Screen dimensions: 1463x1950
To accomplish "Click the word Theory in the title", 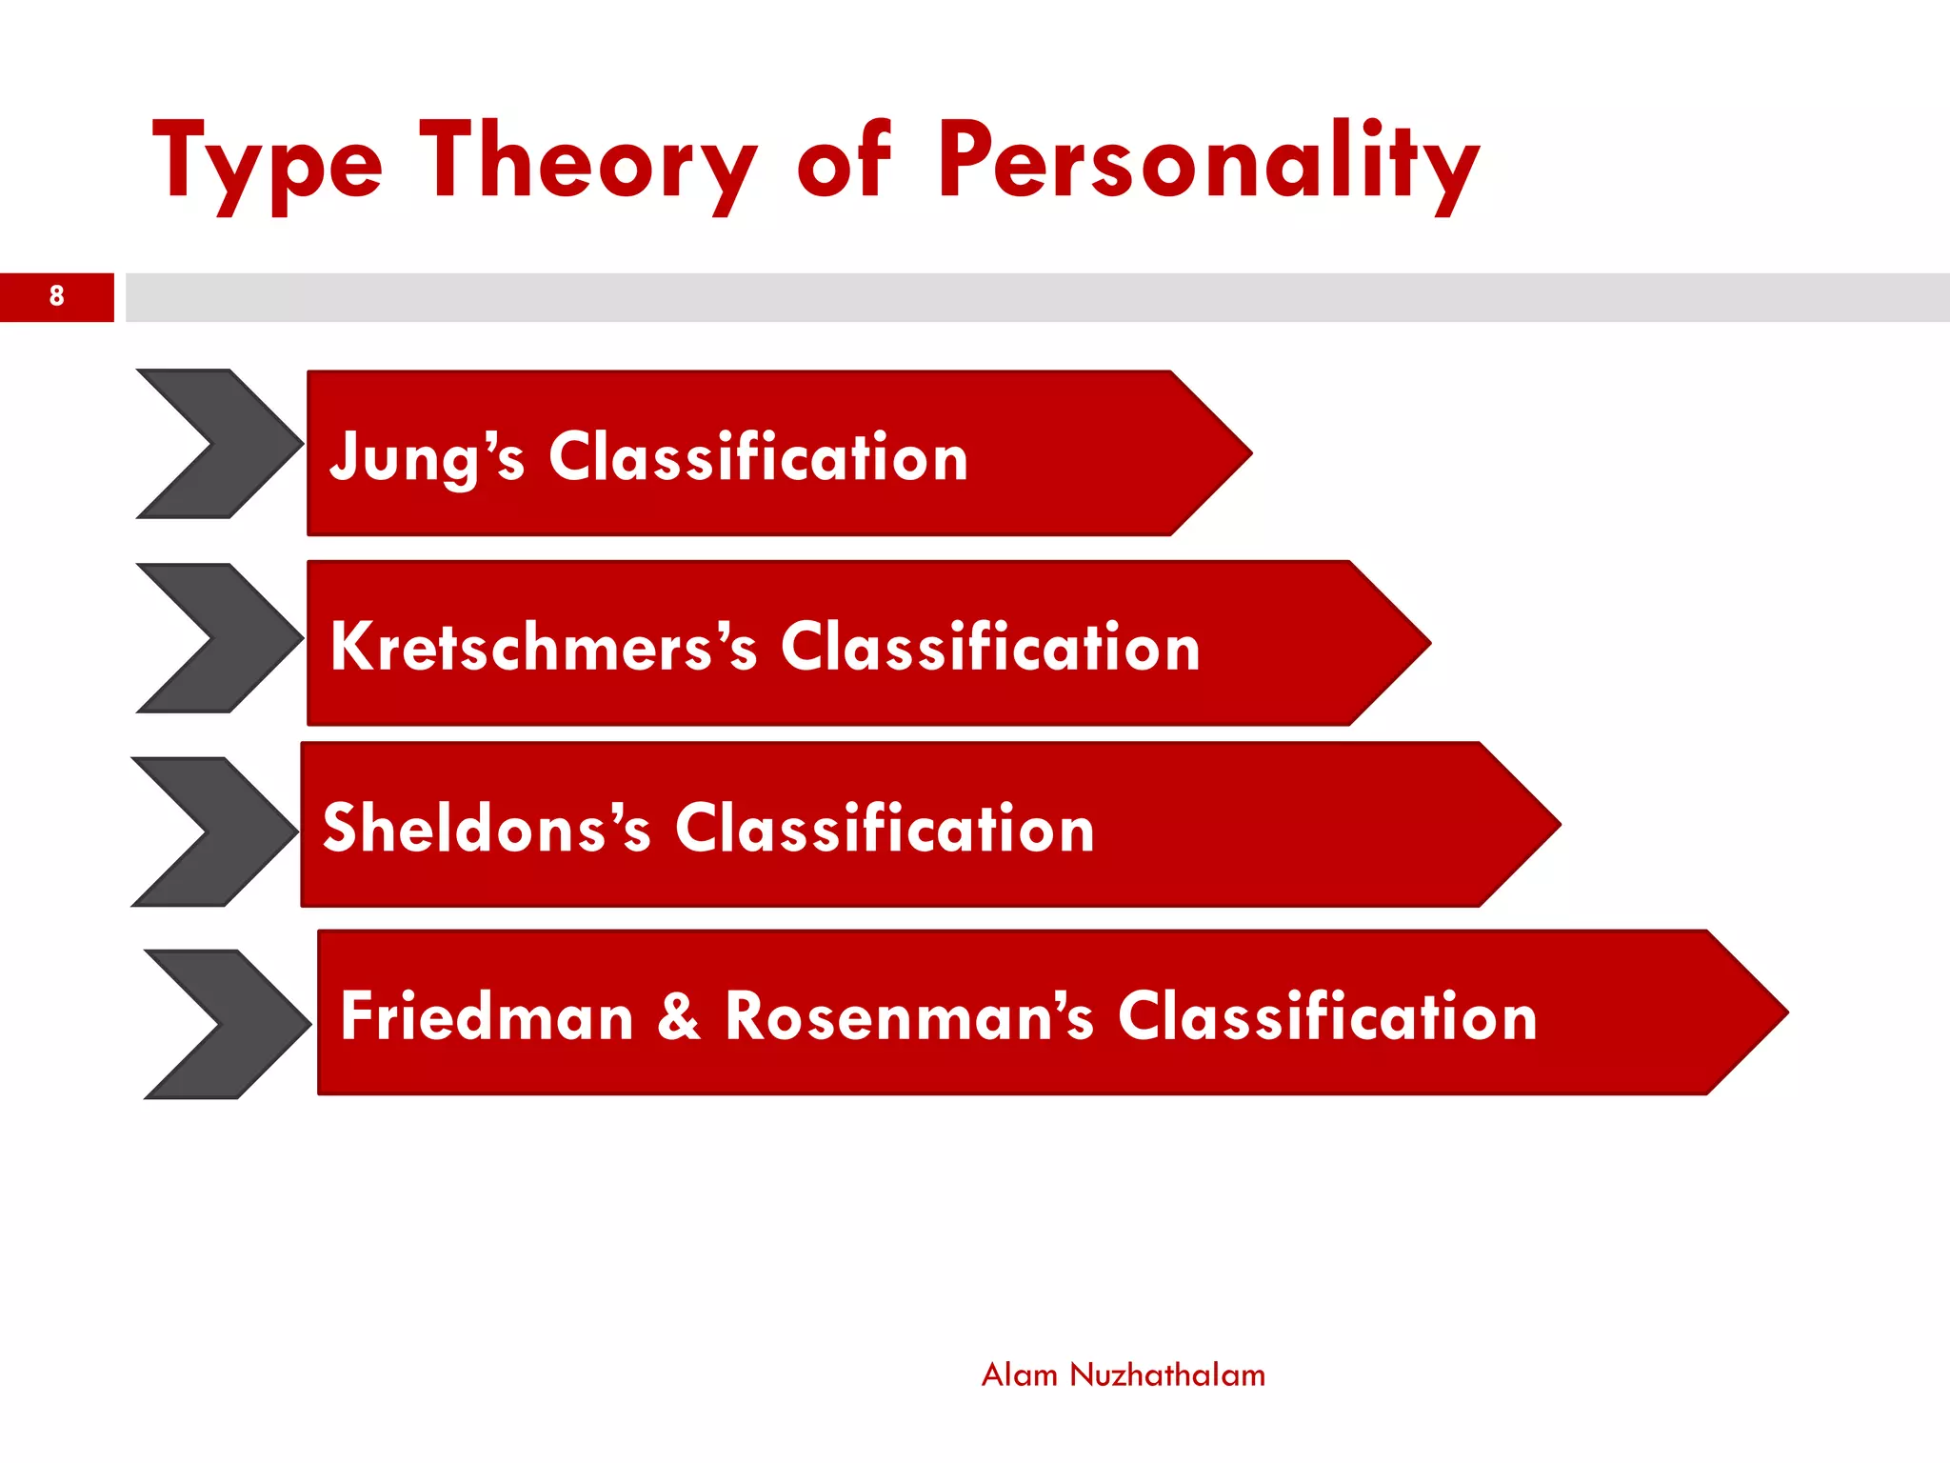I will tap(587, 162).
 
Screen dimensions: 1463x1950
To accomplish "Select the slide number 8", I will tap(57, 296).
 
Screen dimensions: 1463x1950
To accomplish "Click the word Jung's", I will tap(427, 457).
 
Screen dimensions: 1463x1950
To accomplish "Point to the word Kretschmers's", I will tap(544, 648).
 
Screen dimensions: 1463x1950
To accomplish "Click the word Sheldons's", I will tap(487, 828).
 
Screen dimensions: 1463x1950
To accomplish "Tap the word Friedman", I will tap(487, 1016).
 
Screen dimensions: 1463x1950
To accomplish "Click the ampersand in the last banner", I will tap(679, 1016).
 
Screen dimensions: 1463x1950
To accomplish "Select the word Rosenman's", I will tap(909, 1016).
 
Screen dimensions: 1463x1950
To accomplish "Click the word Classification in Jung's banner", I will tap(758, 457).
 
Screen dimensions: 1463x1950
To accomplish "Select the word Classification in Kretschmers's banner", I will tap(990, 648).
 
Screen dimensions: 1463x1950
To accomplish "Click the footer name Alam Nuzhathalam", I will tap(1123, 1375).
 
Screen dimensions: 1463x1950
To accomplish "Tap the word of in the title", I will tap(844, 162).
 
